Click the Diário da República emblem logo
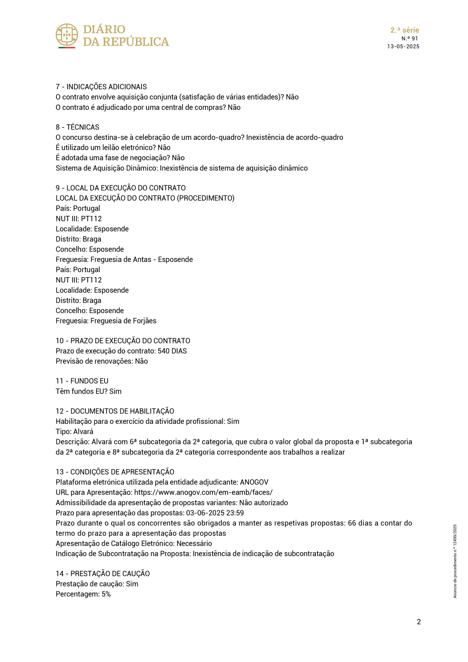(67, 35)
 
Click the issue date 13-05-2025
(403, 47)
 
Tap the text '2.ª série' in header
(405, 30)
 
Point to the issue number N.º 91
(410, 38)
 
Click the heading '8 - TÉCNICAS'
(77, 127)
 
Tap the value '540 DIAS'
(172, 351)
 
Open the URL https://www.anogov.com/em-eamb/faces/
(203, 492)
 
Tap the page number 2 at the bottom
(419, 622)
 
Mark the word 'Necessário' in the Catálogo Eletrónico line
(194, 543)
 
